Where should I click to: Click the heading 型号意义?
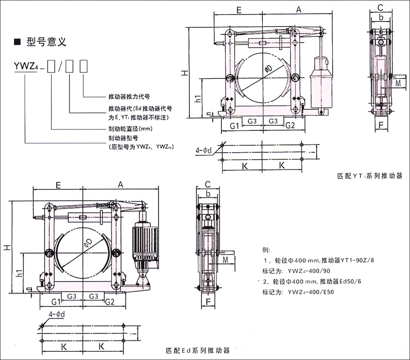pos(46,42)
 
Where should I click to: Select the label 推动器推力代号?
pos(129,97)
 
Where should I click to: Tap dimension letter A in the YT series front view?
pos(298,10)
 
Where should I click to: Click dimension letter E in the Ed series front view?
pos(58,185)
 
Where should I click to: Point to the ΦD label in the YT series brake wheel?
pos(267,69)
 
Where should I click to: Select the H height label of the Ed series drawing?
pos(8,247)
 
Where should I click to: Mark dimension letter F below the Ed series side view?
pos(208,302)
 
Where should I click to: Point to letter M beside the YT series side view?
pos(398,83)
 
